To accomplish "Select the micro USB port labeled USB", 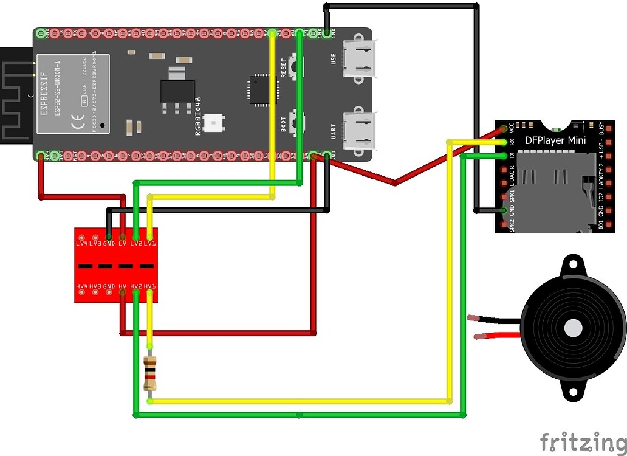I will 358,58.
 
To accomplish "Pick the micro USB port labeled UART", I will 358,131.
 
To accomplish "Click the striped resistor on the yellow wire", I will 150,373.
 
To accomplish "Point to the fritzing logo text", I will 581,441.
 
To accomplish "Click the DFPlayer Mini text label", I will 555,141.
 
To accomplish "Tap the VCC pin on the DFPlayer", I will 504,129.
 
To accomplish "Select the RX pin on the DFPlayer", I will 504,142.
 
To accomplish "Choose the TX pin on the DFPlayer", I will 504,156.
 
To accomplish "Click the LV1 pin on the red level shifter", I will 149,236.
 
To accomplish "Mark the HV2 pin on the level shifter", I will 136,294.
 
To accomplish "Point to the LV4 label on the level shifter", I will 81,243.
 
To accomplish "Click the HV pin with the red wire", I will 123,294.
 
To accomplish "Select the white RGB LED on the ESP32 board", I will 213,123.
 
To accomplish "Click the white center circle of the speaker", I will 573,328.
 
